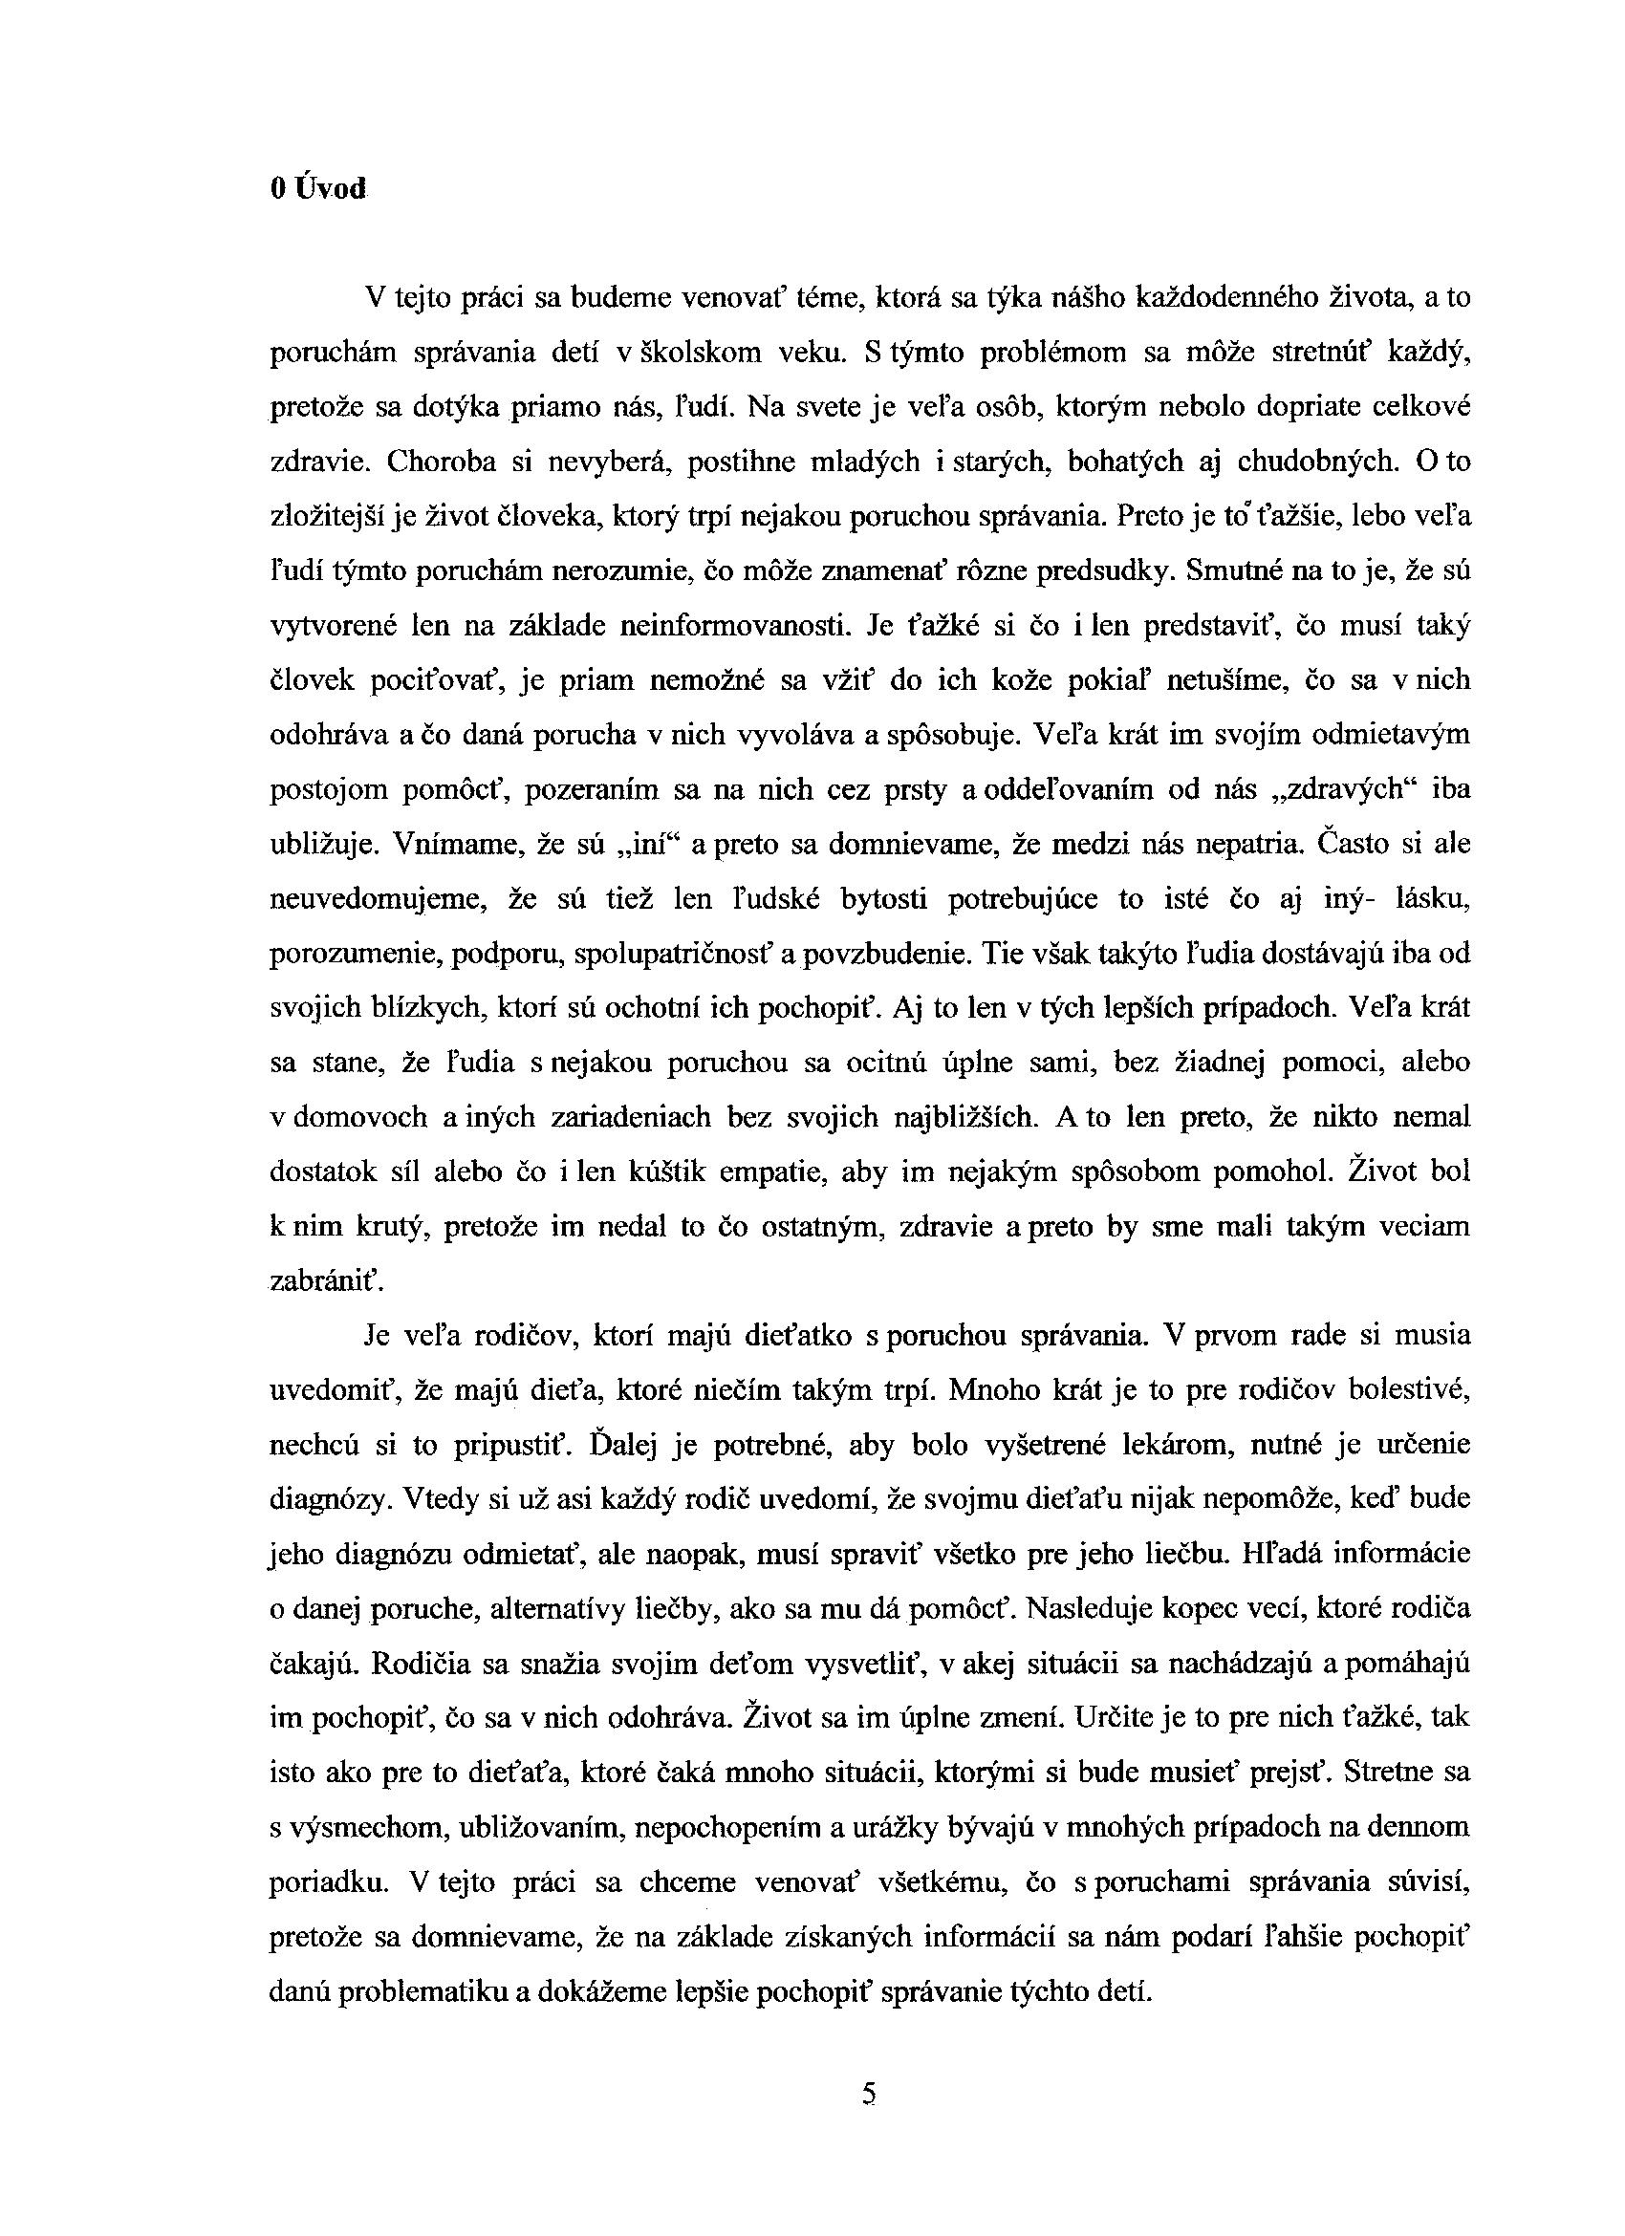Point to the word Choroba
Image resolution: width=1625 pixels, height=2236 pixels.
click(x=442, y=462)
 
